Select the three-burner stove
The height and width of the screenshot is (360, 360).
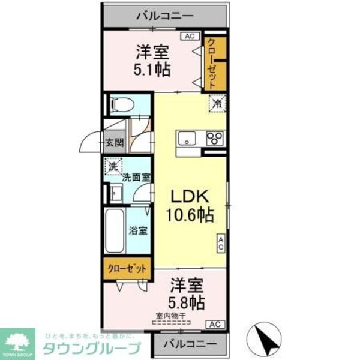coord(215,138)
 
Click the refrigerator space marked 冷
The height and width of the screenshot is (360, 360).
coord(216,103)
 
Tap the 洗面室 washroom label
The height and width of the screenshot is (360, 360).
coord(136,177)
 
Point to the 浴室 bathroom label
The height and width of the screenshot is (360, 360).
coord(139,230)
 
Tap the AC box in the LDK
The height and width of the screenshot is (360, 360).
coord(221,242)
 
